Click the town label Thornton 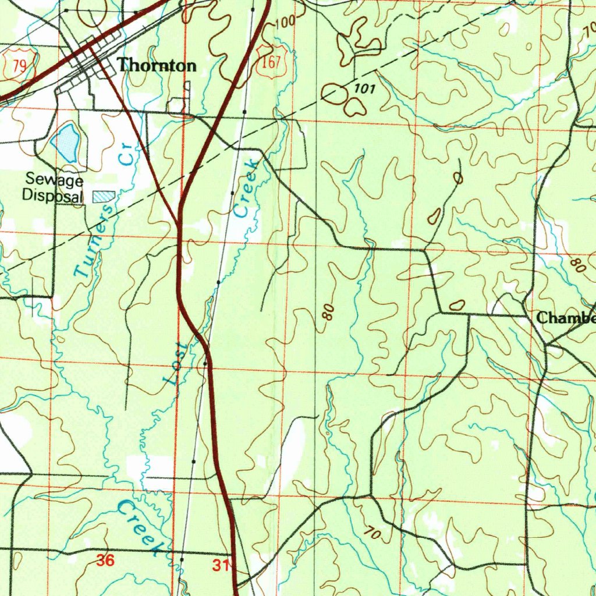point(157,66)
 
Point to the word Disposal point(52,196)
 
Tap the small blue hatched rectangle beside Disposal point(104,196)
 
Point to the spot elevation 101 point(364,89)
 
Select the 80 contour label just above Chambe point(577,266)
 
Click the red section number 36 point(105,561)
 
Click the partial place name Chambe point(565,318)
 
